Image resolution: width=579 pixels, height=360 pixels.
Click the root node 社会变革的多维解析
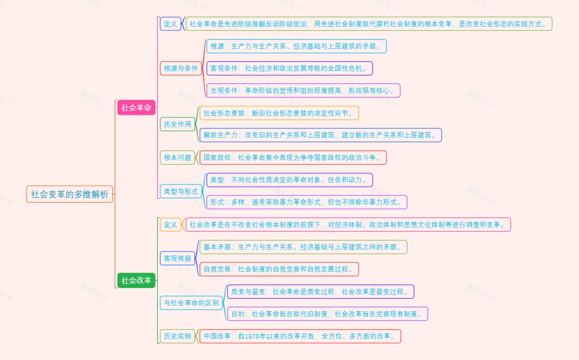click(x=69, y=194)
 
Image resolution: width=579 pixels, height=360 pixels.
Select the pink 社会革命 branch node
click(x=136, y=108)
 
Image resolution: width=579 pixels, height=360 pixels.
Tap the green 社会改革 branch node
click(x=136, y=280)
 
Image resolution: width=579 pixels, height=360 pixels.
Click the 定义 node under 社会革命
click(x=171, y=24)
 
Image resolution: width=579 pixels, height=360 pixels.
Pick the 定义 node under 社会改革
click(x=171, y=224)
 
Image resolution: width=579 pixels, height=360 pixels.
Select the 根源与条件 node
click(x=181, y=69)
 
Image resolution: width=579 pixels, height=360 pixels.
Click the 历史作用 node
click(x=178, y=124)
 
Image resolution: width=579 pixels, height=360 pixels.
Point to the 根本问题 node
click(x=178, y=157)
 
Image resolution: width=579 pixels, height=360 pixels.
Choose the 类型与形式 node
click(x=181, y=191)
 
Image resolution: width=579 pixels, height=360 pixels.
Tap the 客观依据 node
click(x=178, y=258)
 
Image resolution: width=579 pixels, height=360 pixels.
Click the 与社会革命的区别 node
click(x=191, y=303)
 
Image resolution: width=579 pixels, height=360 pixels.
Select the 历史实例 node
click(x=178, y=336)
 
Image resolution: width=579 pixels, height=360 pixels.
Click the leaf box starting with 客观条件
click(x=289, y=69)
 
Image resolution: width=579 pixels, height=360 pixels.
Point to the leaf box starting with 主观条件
click(x=303, y=90)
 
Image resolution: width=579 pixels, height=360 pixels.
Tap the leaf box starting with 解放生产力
click(x=320, y=135)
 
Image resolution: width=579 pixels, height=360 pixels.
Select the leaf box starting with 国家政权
click(x=293, y=157)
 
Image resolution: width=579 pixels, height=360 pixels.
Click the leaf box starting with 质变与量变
click(x=320, y=291)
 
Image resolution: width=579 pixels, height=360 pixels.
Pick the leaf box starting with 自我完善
click(x=279, y=269)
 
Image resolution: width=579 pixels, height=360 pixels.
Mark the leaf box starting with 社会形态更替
click(x=279, y=113)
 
